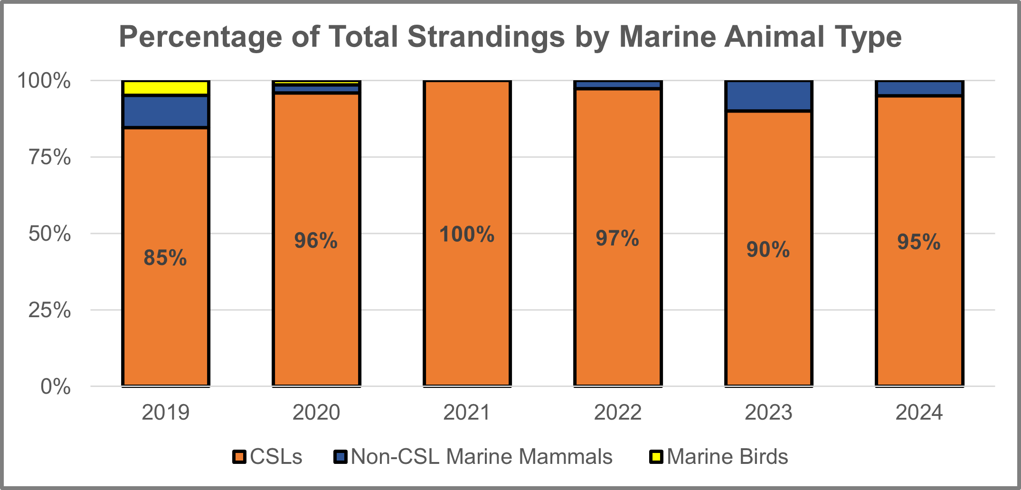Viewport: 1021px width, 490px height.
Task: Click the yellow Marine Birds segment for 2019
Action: pyautogui.click(x=165, y=88)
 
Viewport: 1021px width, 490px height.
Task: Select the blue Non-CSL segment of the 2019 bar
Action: pyautogui.click(x=165, y=112)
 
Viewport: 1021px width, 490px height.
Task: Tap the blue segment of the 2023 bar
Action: pyautogui.click(x=768, y=96)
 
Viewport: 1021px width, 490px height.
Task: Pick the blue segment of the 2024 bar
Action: pyautogui.click(x=919, y=88)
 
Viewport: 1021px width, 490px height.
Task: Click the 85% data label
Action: pyautogui.click(x=165, y=258)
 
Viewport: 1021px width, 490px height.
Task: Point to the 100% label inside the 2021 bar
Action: pyautogui.click(x=467, y=235)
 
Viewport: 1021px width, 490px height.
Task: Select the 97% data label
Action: pyautogui.click(x=617, y=238)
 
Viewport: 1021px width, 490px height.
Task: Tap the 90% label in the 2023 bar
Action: pyautogui.click(x=768, y=250)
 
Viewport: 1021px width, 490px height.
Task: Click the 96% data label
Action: pyautogui.click(x=316, y=241)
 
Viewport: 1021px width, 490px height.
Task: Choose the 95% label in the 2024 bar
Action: pyautogui.click(x=918, y=242)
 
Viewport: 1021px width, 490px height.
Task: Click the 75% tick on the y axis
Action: pyautogui.click(x=50, y=157)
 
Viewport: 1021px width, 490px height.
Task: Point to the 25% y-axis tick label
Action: pyautogui.click(x=50, y=311)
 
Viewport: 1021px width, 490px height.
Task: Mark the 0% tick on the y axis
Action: pyautogui.click(x=56, y=387)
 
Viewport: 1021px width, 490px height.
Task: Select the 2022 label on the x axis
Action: pyautogui.click(x=617, y=412)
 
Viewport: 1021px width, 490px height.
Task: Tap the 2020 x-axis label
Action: pyautogui.click(x=316, y=412)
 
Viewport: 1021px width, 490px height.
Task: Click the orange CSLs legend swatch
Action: pyautogui.click(x=239, y=457)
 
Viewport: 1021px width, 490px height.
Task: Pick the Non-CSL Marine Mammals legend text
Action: pyautogui.click(x=482, y=457)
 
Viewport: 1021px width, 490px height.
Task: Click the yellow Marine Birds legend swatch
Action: pyautogui.click(x=656, y=457)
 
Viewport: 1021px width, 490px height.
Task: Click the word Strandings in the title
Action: pyautogui.click(x=486, y=37)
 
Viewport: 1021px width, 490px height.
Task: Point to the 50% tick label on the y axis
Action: pyautogui.click(x=50, y=234)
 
